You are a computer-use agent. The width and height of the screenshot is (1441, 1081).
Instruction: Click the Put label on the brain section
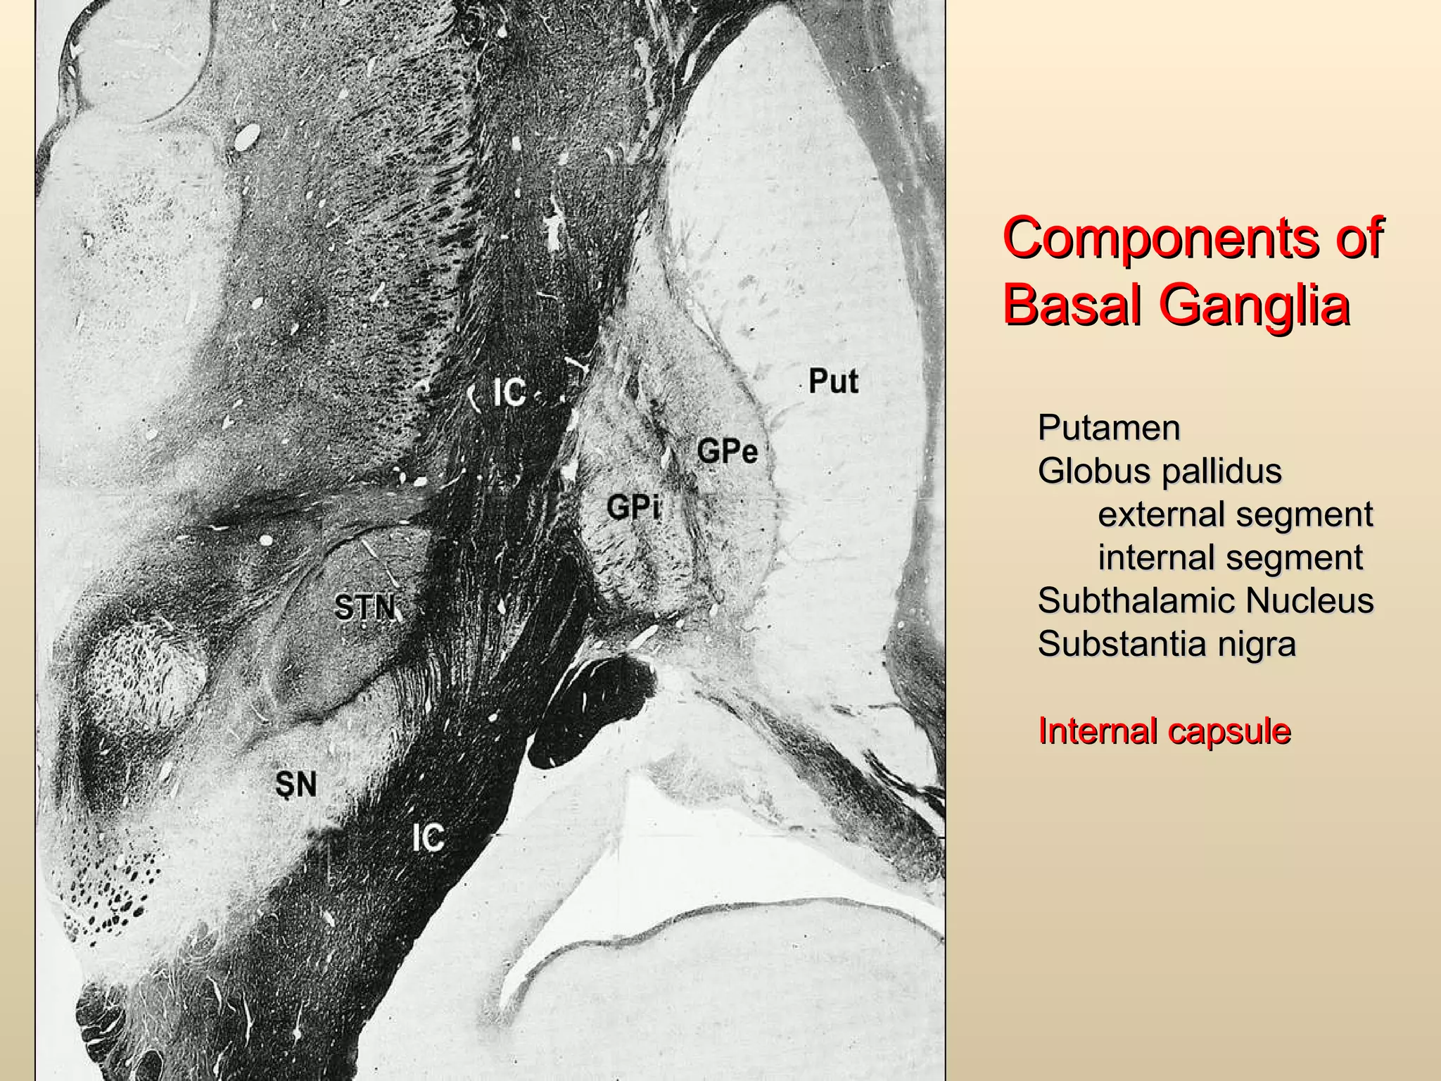[833, 381]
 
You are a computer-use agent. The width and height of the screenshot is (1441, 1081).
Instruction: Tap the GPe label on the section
[728, 450]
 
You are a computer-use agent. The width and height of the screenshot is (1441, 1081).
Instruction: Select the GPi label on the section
[633, 507]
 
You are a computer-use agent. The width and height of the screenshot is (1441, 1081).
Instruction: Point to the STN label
[364, 607]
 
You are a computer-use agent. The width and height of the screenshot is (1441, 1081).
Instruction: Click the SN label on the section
[296, 784]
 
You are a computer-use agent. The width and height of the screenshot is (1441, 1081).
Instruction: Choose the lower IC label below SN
[428, 837]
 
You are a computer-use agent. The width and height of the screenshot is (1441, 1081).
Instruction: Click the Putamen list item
[1108, 428]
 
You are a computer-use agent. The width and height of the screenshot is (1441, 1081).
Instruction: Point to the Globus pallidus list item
[1160, 471]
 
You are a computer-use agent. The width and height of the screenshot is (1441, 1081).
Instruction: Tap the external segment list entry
[1235, 514]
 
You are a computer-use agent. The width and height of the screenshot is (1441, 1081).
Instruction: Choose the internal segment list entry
[1230, 557]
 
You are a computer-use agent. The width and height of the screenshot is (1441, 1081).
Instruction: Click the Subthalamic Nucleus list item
[1205, 601]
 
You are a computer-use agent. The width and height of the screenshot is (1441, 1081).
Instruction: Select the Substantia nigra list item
[1167, 644]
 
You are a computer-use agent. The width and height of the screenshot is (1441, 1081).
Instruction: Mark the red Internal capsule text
[1164, 731]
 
